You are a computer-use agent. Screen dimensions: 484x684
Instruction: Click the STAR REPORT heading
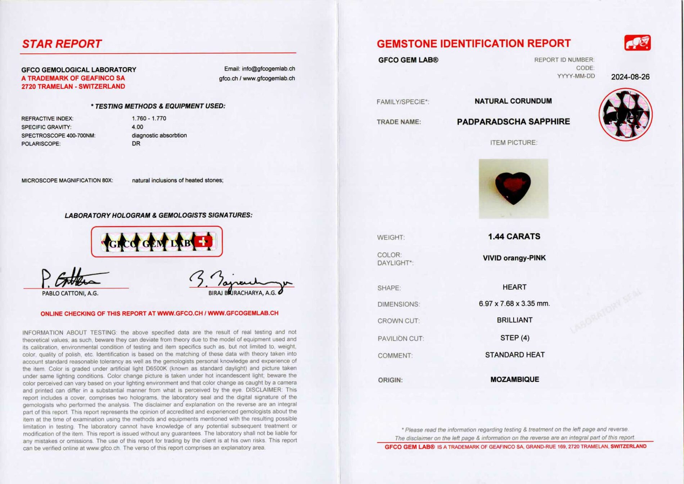(x=62, y=44)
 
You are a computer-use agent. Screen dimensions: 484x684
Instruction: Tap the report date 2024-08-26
(x=630, y=77)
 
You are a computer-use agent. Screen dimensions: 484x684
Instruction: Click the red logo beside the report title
(x=637, y=43)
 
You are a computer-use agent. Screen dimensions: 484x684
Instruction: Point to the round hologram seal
(x=625, y=114)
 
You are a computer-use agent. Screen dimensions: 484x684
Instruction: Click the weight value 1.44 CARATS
(x=514, y=236)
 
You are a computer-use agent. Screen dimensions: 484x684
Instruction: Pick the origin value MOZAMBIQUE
(x=514, y=379)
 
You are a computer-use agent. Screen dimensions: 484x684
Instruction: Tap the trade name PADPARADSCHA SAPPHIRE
(x=513, y=122)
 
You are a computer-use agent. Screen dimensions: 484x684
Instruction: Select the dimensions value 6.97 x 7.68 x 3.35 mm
(x=514, y=304)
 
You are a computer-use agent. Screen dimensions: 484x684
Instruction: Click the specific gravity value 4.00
(x=137, y=127)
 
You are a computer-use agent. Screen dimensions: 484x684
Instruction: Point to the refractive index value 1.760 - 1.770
(x=149, y=118)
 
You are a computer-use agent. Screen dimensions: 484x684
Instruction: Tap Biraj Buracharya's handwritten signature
(x=239, y=281)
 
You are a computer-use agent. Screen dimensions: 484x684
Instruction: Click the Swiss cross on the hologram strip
(x=203, y=241)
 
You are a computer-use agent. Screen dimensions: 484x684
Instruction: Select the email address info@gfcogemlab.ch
(x=268, y=68)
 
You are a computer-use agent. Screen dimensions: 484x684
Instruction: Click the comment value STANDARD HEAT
(x=514, y=355)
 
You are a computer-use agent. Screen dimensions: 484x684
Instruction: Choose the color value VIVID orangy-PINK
(x=514, y=258)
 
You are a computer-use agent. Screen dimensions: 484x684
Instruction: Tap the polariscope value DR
(x=136, y=143)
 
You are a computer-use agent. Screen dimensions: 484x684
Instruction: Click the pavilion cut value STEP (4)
(x=514, y=338)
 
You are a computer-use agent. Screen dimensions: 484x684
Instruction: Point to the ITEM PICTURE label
(x=513, y=143)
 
